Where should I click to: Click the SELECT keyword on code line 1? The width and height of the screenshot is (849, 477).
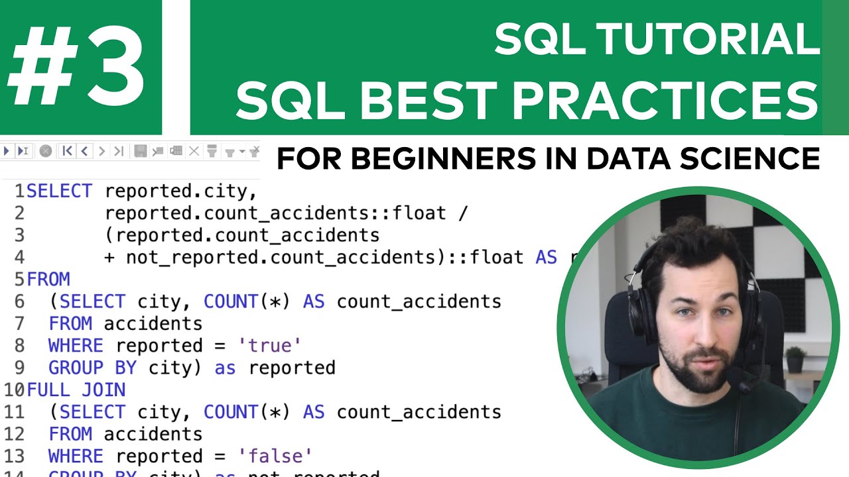(x=59, y=191)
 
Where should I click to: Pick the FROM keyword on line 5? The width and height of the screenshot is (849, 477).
(x=48, y=280)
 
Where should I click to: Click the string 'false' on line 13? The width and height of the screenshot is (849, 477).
(x=275, y=456)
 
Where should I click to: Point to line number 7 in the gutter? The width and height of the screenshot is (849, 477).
(x=19, y=323)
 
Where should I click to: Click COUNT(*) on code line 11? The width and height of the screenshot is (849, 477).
(x=247, y=411)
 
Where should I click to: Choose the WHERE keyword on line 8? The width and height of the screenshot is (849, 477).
(x=76, y=346)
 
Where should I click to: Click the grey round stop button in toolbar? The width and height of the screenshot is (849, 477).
(x=45, y=151)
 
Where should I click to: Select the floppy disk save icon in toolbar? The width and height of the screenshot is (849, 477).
(x=141, y=151)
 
